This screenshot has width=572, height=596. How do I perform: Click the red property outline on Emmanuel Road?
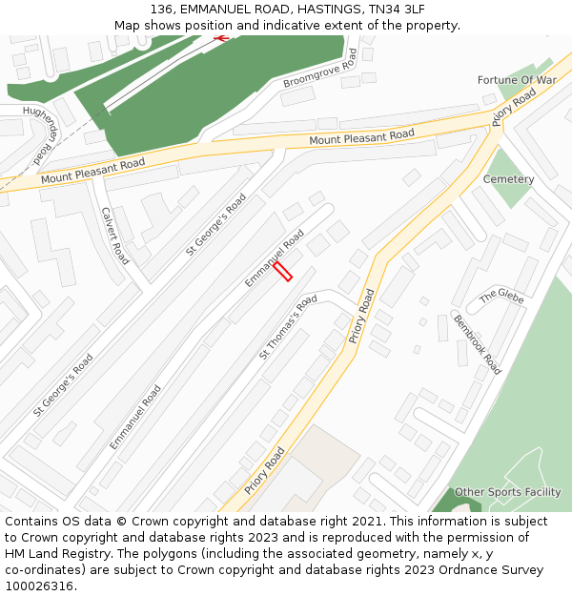(282, 271)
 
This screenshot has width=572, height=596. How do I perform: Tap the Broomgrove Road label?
(320, 70)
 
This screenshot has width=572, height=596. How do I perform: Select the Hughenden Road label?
(41, 134)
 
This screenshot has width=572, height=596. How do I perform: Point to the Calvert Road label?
(114, 236)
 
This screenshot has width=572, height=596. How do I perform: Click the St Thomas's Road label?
(288, 328)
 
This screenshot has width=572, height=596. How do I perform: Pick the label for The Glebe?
(501, 297)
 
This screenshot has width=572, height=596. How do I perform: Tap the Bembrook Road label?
(477, 344)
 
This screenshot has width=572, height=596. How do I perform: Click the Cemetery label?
(508, 179)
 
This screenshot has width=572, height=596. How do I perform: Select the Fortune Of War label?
(517, 80)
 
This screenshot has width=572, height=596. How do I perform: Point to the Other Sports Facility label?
(507, 492)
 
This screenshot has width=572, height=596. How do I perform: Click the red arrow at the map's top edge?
(222, 38)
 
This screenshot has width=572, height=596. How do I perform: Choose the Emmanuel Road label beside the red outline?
(274, 257)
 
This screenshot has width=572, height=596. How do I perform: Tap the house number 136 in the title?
(162, 10)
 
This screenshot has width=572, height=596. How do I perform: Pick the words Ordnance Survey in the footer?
(495, 569)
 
